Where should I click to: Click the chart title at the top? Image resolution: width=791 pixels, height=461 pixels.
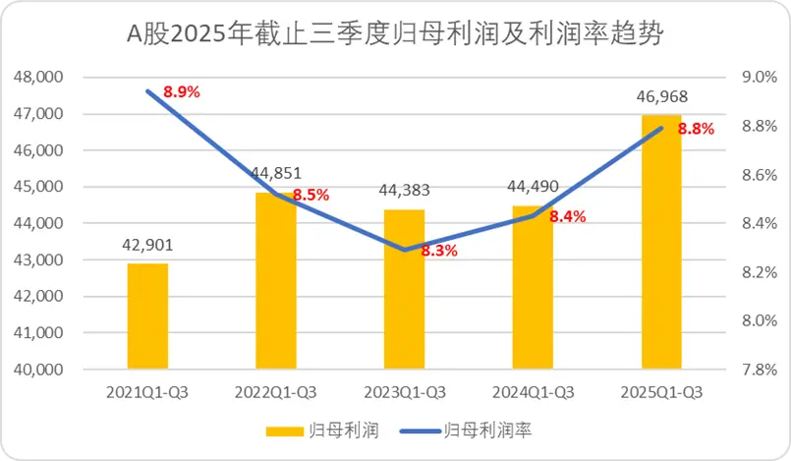tap(395, 36)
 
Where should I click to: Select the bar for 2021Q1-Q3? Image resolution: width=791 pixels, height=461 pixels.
tap(147, 317)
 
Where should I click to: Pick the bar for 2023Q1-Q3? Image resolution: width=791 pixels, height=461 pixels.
tap(404, 290)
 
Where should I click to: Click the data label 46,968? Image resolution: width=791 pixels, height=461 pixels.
tap(660, 97)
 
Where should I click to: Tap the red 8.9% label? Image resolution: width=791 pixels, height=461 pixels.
tap(182, 91)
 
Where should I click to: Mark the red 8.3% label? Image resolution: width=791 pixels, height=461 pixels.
tap(438, 251)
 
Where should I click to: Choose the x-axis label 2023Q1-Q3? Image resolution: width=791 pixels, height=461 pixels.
tap(404, 392)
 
